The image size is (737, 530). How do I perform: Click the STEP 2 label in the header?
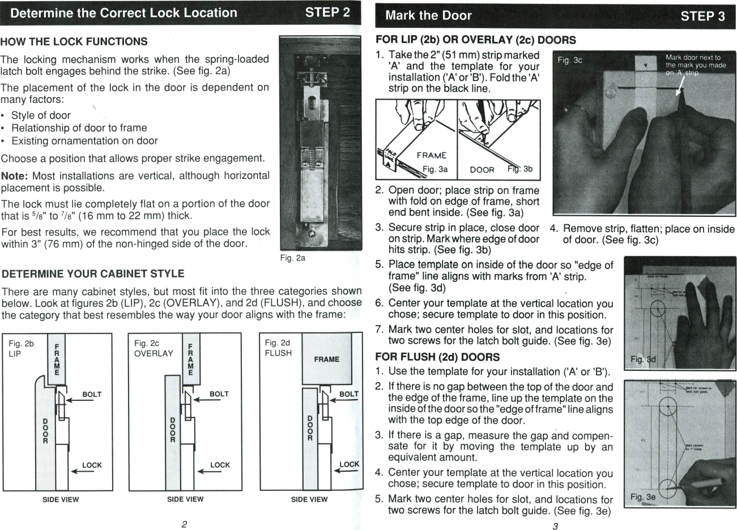(x=327, y=12)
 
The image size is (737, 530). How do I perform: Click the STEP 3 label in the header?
(x=702, y=16)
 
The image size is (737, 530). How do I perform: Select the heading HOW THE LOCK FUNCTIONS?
(x=74, y=42)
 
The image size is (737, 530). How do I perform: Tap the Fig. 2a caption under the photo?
(x=293, y=258)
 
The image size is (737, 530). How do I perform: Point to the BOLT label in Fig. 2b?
(x=92, y=394)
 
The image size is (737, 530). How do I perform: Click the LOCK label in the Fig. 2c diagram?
(x=220, y=465)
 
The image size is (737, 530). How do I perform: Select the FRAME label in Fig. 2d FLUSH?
(x=326, y=359)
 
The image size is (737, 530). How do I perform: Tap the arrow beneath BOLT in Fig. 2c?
(x=206, y=401)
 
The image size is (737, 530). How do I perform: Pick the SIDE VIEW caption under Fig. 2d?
(x=309, y=499)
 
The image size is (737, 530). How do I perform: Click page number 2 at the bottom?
(x=184, y=524)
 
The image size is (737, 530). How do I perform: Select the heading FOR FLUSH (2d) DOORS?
(x=437, y=357)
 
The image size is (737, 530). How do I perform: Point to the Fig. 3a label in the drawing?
(x=435, y=169)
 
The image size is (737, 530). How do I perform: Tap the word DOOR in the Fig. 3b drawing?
(x=482, y=169)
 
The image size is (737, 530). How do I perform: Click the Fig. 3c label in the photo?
(x=569, y=59)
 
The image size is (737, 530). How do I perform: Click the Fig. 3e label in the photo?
(x=643, y=497)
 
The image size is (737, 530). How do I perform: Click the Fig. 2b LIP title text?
(x=22, y=348)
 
